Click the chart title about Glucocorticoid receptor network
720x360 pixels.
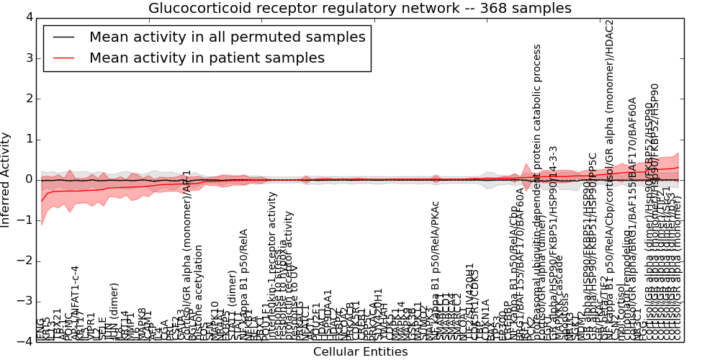pos(359,8)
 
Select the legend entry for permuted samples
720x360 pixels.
pos(227,37)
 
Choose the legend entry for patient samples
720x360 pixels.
pos(207,58)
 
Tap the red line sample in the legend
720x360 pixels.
pos(63,58)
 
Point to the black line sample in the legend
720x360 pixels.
pos(63,37)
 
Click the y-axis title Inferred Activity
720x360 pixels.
pos(6,179)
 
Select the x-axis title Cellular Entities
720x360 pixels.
pos(360,352)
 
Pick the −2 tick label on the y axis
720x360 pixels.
pos(26,261)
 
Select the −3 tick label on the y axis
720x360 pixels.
pos(26,302)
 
